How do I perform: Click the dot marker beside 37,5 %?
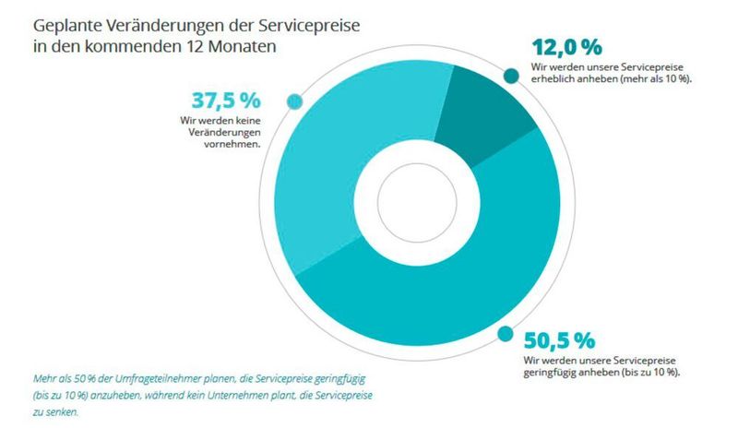coord(295,101)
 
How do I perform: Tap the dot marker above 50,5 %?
coord(505,334)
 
